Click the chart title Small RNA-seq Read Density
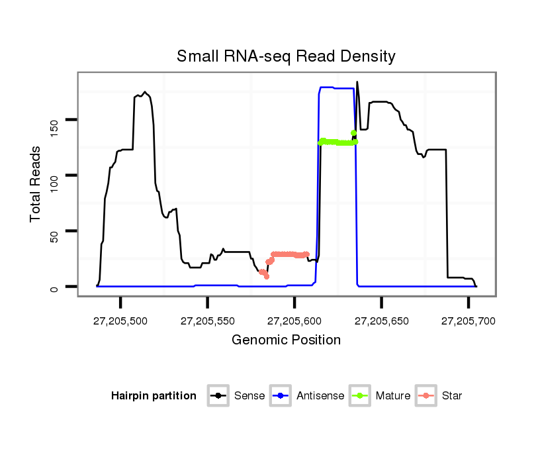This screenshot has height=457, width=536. tap(286, 56)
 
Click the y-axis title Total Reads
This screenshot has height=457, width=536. tap(36, 183)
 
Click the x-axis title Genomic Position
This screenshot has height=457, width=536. tap(286, 340)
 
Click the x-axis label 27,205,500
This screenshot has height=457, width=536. tap(120, 321)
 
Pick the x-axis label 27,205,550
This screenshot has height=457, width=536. tap(207, 321)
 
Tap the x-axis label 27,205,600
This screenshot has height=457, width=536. tap(294, 321)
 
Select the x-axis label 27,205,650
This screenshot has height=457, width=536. tap(381, 321)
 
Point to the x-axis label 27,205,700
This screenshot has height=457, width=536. tap(468, 321)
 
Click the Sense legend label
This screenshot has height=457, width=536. tap(249, 396)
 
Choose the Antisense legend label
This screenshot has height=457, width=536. tap(320, 396)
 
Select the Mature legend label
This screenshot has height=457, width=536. tap(393, 396)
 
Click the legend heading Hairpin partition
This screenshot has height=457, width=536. tap(154, 396)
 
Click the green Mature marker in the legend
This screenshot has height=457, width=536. tap(362, 396)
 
